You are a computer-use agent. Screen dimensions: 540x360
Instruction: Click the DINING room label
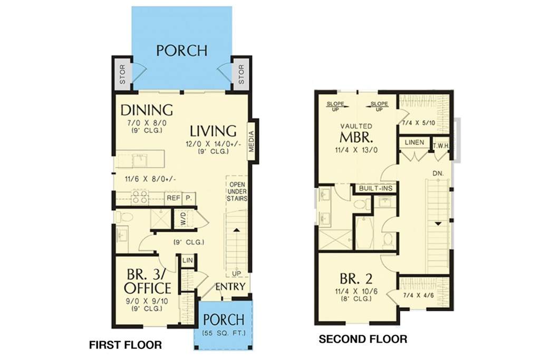tap(147, 110)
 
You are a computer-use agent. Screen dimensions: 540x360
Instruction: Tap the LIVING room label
tap(214, 131)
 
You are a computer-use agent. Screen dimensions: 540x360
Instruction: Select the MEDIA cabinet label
tap(252, 141)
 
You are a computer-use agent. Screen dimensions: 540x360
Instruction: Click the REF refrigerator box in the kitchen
tap(173, 198)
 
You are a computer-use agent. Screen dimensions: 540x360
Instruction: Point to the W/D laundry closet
tap(182, 219)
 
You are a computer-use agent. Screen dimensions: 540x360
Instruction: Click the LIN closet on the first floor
tap(187, 260)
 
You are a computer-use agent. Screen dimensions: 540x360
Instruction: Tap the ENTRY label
tap(230, 286)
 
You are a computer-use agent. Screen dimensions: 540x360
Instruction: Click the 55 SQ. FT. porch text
tap(224, 333)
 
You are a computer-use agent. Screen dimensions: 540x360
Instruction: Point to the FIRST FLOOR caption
tap(126, 345)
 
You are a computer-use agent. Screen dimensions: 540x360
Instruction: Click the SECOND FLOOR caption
tap(363, 339)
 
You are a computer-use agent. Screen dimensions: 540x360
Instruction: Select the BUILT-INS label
tap(375, 188)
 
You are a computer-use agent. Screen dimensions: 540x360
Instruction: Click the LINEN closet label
tap(414, 142)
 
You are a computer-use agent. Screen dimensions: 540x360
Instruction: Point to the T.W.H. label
tap(441, 146)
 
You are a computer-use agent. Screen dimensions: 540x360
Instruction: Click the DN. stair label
tap(438, 173)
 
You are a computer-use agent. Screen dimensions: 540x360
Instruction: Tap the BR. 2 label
tap(356, 278)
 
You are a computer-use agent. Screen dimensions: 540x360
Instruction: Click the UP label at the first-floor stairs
tap(236, 273)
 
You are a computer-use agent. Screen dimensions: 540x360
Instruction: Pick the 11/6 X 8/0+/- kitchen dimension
tap(151, 179)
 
